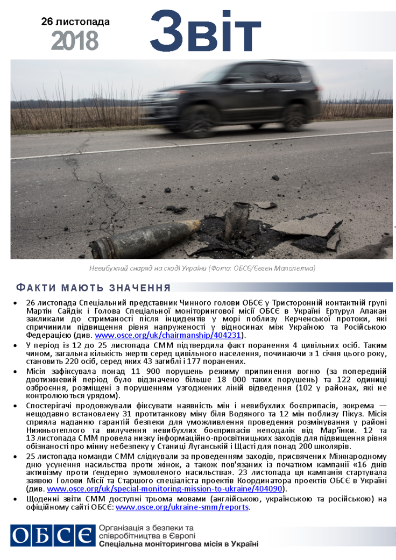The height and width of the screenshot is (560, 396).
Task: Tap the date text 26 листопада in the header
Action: coord(75,22)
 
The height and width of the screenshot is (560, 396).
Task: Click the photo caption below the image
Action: coord(202,268)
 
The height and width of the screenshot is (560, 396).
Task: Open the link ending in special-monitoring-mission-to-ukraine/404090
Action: coord(165,489)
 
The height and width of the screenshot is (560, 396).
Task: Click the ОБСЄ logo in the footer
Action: coord(52,536)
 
